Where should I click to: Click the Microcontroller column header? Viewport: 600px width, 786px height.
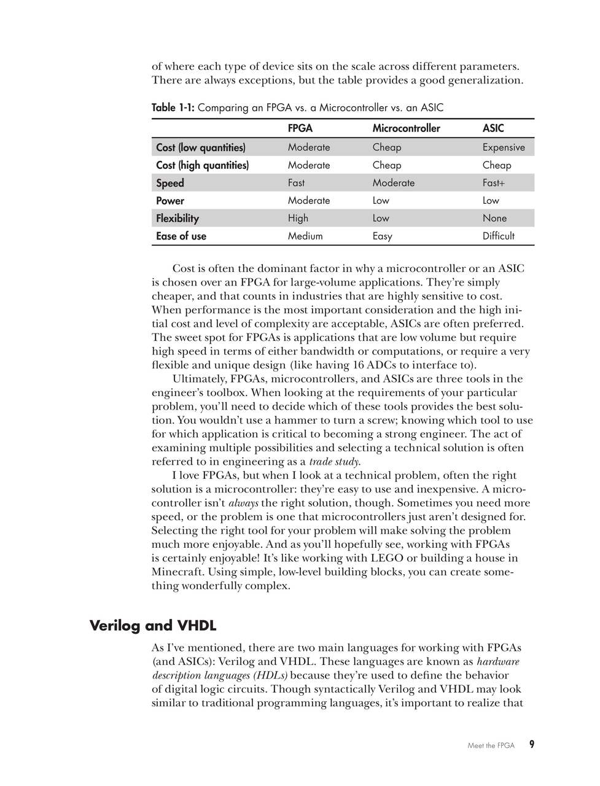click(x=406, y=128)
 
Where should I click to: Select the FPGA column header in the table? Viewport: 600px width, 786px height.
click(x=300, y=128)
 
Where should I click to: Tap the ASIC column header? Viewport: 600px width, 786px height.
click(x=493, y=128)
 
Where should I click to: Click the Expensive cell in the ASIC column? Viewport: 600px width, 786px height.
click(x=504, y=147)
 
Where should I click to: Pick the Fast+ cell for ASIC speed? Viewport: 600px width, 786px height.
click(x=494, y=183)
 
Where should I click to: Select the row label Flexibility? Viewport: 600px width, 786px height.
click(x=177, y=219)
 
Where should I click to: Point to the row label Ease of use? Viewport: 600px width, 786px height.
click(x=181, y=236)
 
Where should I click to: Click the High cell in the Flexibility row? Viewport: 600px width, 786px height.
click(x=298, y=219)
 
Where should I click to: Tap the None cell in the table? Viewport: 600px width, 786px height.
click(x=494, y=219)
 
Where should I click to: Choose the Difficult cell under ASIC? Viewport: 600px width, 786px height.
click(x=499, y=236)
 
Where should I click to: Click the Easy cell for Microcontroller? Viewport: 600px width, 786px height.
click(x=382, y=236)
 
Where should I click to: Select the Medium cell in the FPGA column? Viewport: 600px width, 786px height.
click(x=305, y=236)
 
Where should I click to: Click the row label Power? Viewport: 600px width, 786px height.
click(x=170, y=201)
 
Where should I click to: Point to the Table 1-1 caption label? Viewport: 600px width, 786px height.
click(x=173, y=108)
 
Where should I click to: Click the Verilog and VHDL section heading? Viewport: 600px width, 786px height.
click(x=153, y=626)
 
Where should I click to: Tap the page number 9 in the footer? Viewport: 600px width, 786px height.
click(x=532, y=745)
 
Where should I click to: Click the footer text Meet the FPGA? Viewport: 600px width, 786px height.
click(x=491, y=745)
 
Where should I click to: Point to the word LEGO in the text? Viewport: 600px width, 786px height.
click(x=386, y=558)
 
